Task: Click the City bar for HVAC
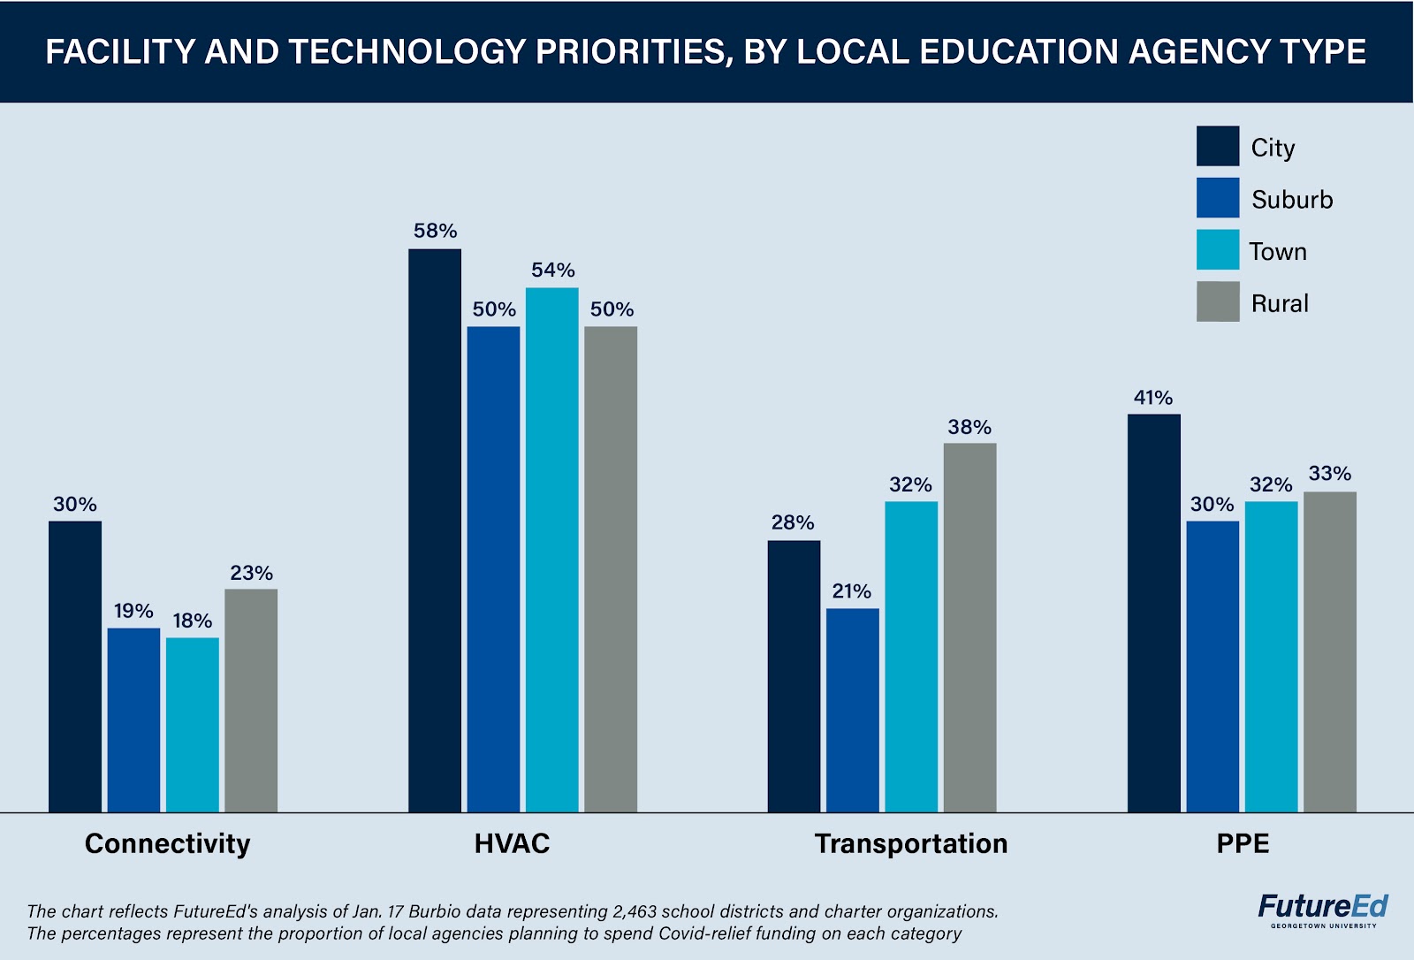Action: (435, 530)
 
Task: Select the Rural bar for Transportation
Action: (969, 628)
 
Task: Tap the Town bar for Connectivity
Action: (193, 725)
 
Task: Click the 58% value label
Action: (435, 232)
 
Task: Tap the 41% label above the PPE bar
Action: (1153, 398)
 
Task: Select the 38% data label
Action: (969, 428)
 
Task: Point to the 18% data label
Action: (193, 621)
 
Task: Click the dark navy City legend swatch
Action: (1218, 147)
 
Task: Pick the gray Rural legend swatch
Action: (1218, 302)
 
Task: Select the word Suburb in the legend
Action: (1292, 200)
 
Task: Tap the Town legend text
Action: (1278, 252)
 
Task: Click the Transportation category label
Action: (911, 843)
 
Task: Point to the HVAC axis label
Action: (512, 843)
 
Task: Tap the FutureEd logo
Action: (1323, 910)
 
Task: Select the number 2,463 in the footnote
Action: (637, 911)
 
